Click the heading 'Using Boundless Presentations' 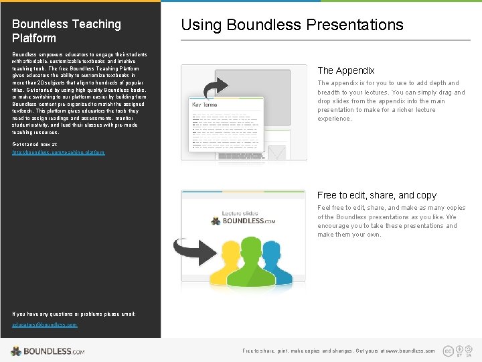click(292, 25)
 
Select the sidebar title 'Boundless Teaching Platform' click(66, 31)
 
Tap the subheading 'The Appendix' click(345, 70)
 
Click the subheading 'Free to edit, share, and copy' click(376, 195)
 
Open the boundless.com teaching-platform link click(58, 153)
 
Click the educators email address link click(44, 324)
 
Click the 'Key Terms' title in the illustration click(206, 105)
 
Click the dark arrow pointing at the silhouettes click(187, 248)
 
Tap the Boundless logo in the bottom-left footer click(48, 351)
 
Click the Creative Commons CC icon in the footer click(448, 351)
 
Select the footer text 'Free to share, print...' click(338, 351)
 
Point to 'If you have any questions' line click(74, 314)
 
